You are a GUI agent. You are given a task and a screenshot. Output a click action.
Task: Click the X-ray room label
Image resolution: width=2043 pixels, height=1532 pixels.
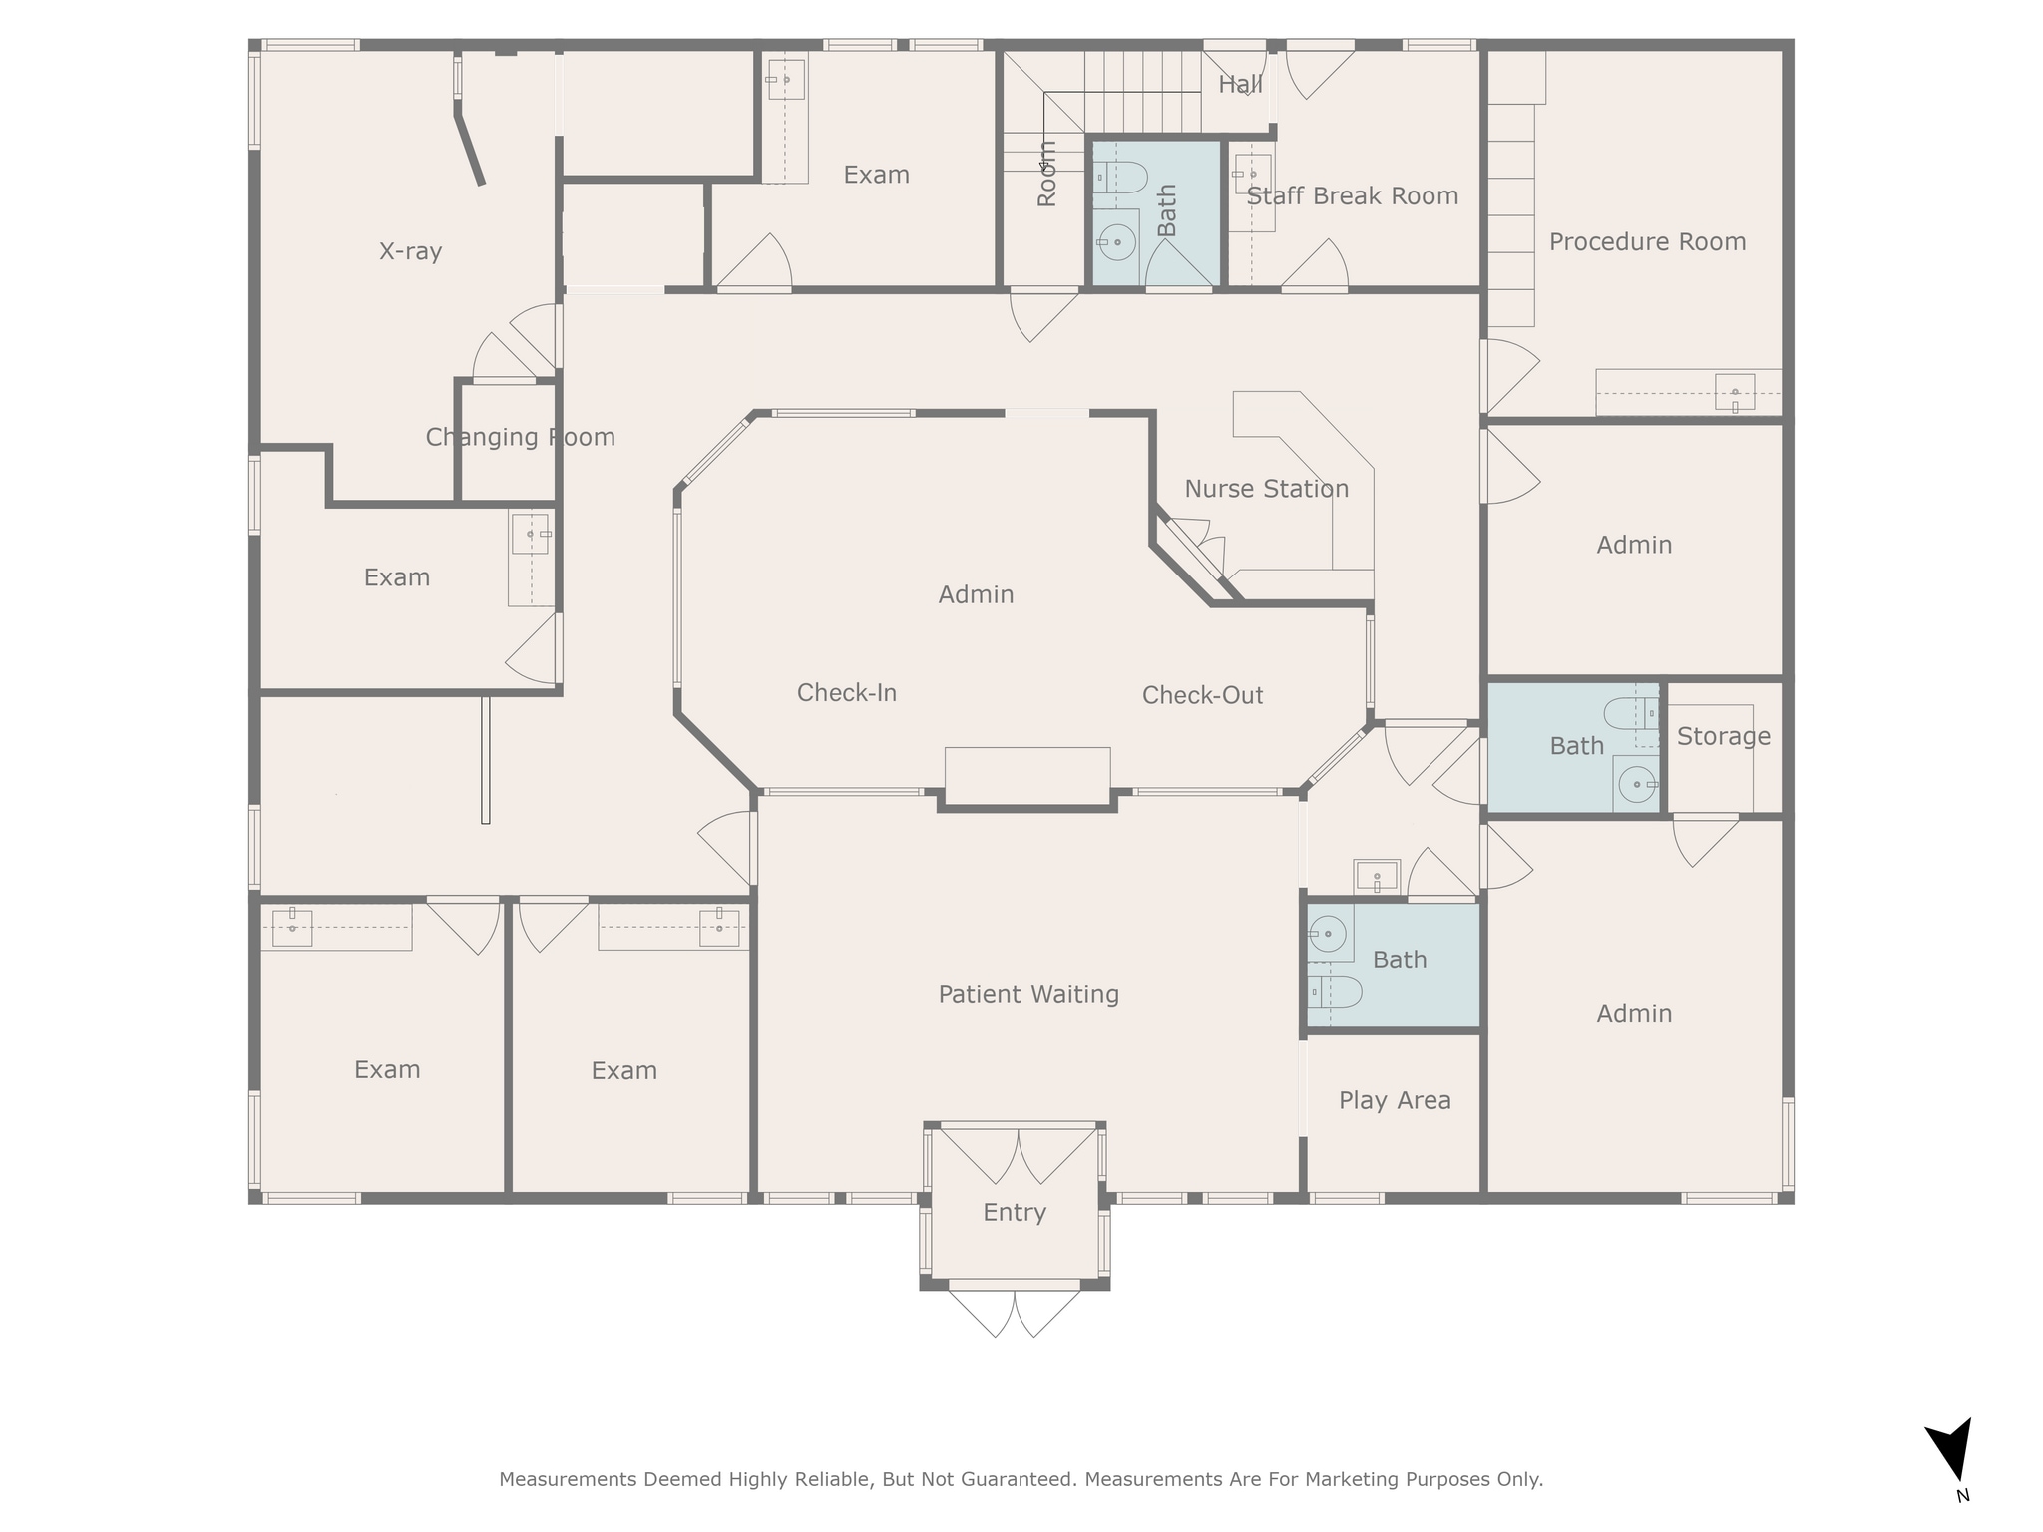(410, 251)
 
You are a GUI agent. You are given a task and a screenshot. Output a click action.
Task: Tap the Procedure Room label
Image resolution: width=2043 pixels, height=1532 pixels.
(1647, 242)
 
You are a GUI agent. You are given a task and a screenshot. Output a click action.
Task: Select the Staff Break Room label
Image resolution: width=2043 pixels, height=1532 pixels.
(1353, 196)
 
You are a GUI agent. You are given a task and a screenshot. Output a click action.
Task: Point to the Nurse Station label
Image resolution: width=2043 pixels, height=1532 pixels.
(1266, 489)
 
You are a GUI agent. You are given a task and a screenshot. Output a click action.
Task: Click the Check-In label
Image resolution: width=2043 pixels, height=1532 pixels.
(847, 693)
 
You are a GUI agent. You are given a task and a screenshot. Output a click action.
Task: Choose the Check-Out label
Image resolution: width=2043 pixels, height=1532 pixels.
(1202, 695)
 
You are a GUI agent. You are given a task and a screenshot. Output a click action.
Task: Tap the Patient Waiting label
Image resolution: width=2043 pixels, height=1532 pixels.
(1028, 994)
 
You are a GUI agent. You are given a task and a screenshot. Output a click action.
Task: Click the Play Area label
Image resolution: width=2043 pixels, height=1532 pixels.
(1395, 1100)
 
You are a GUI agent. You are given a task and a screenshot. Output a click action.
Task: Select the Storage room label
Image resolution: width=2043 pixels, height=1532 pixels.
(1723, 736)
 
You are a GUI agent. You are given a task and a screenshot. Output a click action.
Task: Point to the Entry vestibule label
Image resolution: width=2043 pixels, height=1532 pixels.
(1015, 1212)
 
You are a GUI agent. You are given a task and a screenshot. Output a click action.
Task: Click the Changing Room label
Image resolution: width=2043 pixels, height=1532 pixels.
(520, 437)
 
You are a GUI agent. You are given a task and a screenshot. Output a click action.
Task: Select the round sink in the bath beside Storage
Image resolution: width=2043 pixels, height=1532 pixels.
(1637, 785)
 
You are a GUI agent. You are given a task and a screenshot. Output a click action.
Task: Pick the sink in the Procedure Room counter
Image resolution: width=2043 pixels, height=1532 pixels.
(1735, 392)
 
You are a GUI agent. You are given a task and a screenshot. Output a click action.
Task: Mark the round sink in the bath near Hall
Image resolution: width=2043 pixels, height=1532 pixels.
(1117, 242)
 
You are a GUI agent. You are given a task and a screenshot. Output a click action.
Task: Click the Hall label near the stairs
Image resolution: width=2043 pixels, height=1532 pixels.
(1240, 85)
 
